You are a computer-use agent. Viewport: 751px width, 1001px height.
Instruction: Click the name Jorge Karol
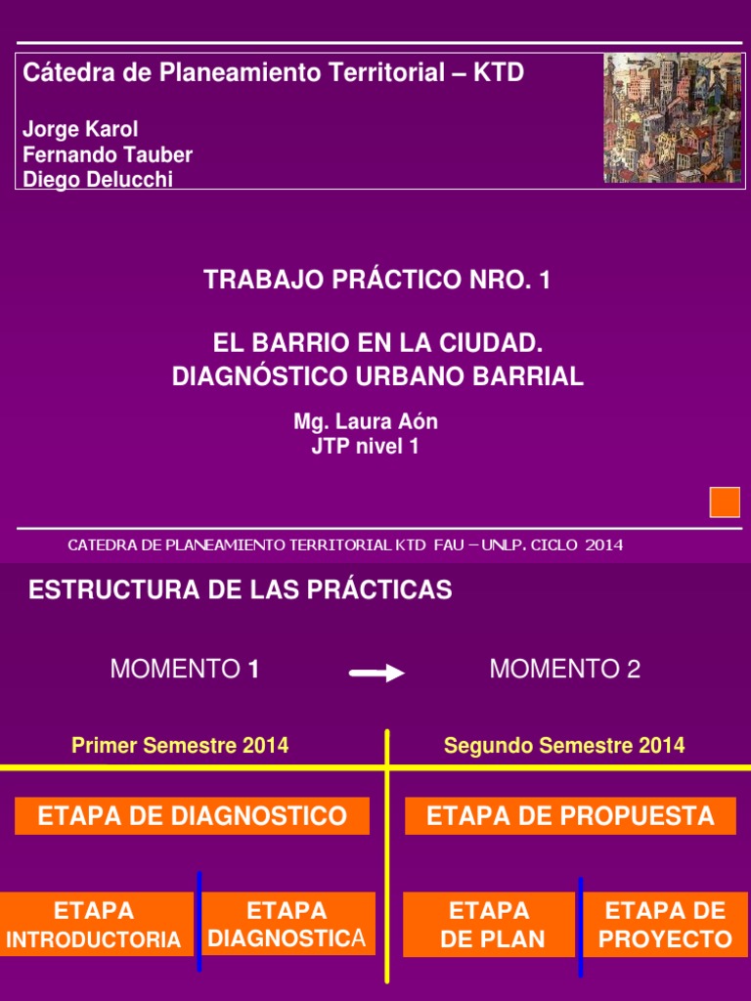(x=80, y=130)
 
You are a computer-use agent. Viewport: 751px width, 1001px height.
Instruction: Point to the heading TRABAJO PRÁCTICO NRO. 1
(x=377, y=281)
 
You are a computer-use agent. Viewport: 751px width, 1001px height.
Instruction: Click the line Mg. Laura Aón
(x=366, y=422)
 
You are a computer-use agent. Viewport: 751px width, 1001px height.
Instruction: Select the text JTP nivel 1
(x=365, y=448)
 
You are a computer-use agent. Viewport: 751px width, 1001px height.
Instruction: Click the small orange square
(x=725, y=501)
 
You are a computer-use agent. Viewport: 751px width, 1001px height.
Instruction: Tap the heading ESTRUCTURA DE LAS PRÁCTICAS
(x=241, y=590)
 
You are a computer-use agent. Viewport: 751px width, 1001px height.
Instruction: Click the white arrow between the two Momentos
(x=376, y=673)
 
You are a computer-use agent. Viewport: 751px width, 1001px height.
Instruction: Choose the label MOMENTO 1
(x=185, y=670)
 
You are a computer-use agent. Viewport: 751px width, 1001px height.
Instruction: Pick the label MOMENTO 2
(x=565, y=670)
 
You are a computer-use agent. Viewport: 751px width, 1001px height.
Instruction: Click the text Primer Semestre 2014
(x=180, y=746)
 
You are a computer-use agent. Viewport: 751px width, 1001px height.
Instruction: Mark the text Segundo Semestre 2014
(x=564, y=746)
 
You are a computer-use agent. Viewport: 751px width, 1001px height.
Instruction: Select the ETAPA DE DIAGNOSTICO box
(x=192, y=816)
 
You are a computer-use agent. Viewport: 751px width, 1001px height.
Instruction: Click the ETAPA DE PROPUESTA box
(x=570, y=816)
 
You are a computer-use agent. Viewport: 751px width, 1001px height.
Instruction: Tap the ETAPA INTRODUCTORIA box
(x=94, y=925)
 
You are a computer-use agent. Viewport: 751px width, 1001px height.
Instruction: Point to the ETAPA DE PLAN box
(x=489, y=925)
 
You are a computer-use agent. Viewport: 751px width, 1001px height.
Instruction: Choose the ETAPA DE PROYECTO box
(x=665, y=925)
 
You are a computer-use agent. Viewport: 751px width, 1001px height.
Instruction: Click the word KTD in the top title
(x=497, y=72)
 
